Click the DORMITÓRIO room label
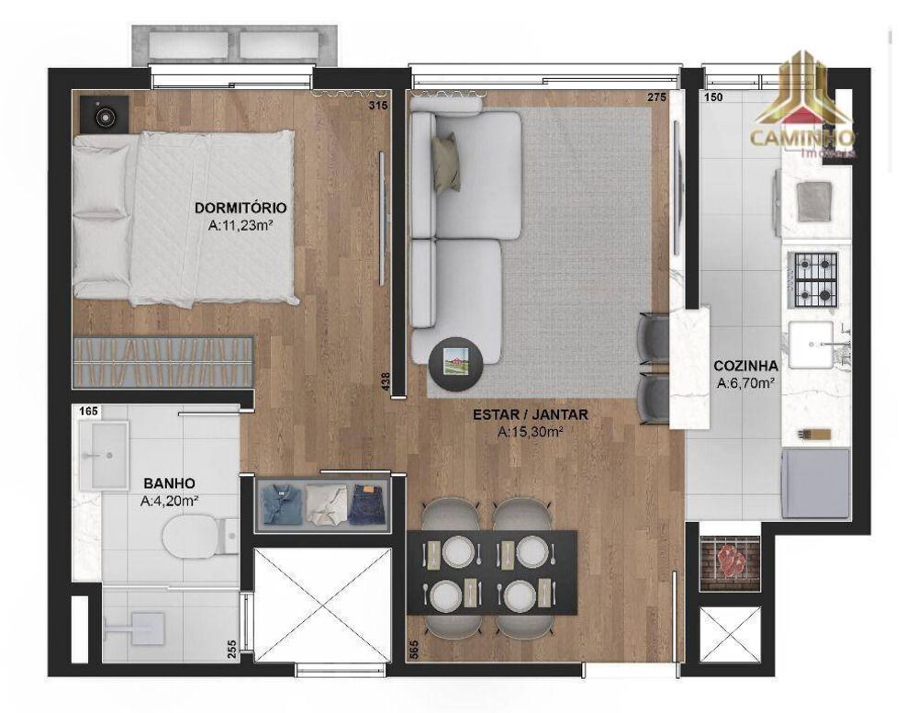point(241,208)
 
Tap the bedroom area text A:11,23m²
point(241,223)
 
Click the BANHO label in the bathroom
point(169,482)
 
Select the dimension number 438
point(386,381)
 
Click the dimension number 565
point(413,650)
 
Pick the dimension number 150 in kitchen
point(713,97)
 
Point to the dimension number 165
point(88,412)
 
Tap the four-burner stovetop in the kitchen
point(816,278)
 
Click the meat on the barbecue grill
point(731,560)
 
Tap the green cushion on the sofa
point(447,161)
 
